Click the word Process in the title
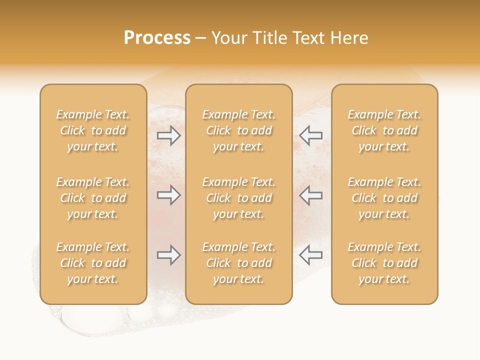pyautogui.click(x=157, y=38)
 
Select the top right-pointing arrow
pyautogui.click(x=169, y=135)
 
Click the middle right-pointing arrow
pyautogui.click(x=169, y=195)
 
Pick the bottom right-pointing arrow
pyautogui.click(x=169, y=255)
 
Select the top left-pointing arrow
pyautogui.click(x=311, y=135)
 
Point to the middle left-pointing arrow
pyautogui.click(x=311, y=195)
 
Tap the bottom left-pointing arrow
pyautogui.click(x=311, y=255)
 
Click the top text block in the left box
pyautogui.click(x=93, y=130)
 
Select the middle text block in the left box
pyautogui.click(x=93, y=198)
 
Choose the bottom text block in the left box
pyautogui.click(x=93, y=263)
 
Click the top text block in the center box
pyautogui.click(x=238, y=130)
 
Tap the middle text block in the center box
pyautogui.click(x=238, y=198)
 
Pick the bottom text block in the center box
pyautogui.click(x=238, y=263)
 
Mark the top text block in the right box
pyautogui.click(x=384, y=130)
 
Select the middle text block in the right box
pyautogui.click(x=384, y=198)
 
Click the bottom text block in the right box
pyautogui.click(x=384, y=263)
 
